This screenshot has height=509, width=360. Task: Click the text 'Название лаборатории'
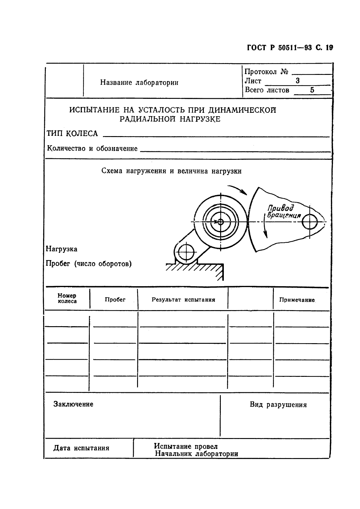pyautogui.click(x=139, y=82)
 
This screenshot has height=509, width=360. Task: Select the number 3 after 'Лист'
pyautogui.click(x=298, y=81)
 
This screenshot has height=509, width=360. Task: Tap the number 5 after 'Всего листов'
pyautogui.click(x=312, y=90)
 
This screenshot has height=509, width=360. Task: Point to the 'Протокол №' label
pyautogui.click(x=266, y=72)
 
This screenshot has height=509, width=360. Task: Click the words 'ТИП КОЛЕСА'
pyautogui.click(x=72, y=133)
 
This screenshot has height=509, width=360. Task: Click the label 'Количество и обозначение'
pyautogui.click(x=92, y=149)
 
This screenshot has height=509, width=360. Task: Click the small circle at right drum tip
pyautogui.click(x=310, y=222)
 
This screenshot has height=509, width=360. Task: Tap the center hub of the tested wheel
pyautogui.click(x=220, y=222)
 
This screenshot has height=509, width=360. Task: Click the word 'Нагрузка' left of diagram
pyautogui.click(x=62, y=249)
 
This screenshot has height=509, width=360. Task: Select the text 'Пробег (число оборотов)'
pyautogui.click(x=89, y=264)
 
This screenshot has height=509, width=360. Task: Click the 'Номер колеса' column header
pyautogui.click(x=67, y=298)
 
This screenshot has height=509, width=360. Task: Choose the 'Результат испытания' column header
pyautogui.click(x=183, y=300)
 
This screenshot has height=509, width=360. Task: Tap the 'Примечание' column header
pyautogui.click(x=297, y=300)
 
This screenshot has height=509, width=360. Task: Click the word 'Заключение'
pyautogui.click(x=73, y=404)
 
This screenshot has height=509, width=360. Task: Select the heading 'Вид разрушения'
pyautogui.click(x=278, y=405)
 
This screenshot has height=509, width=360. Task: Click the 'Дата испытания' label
pyautogui.click(x=81, y=448)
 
